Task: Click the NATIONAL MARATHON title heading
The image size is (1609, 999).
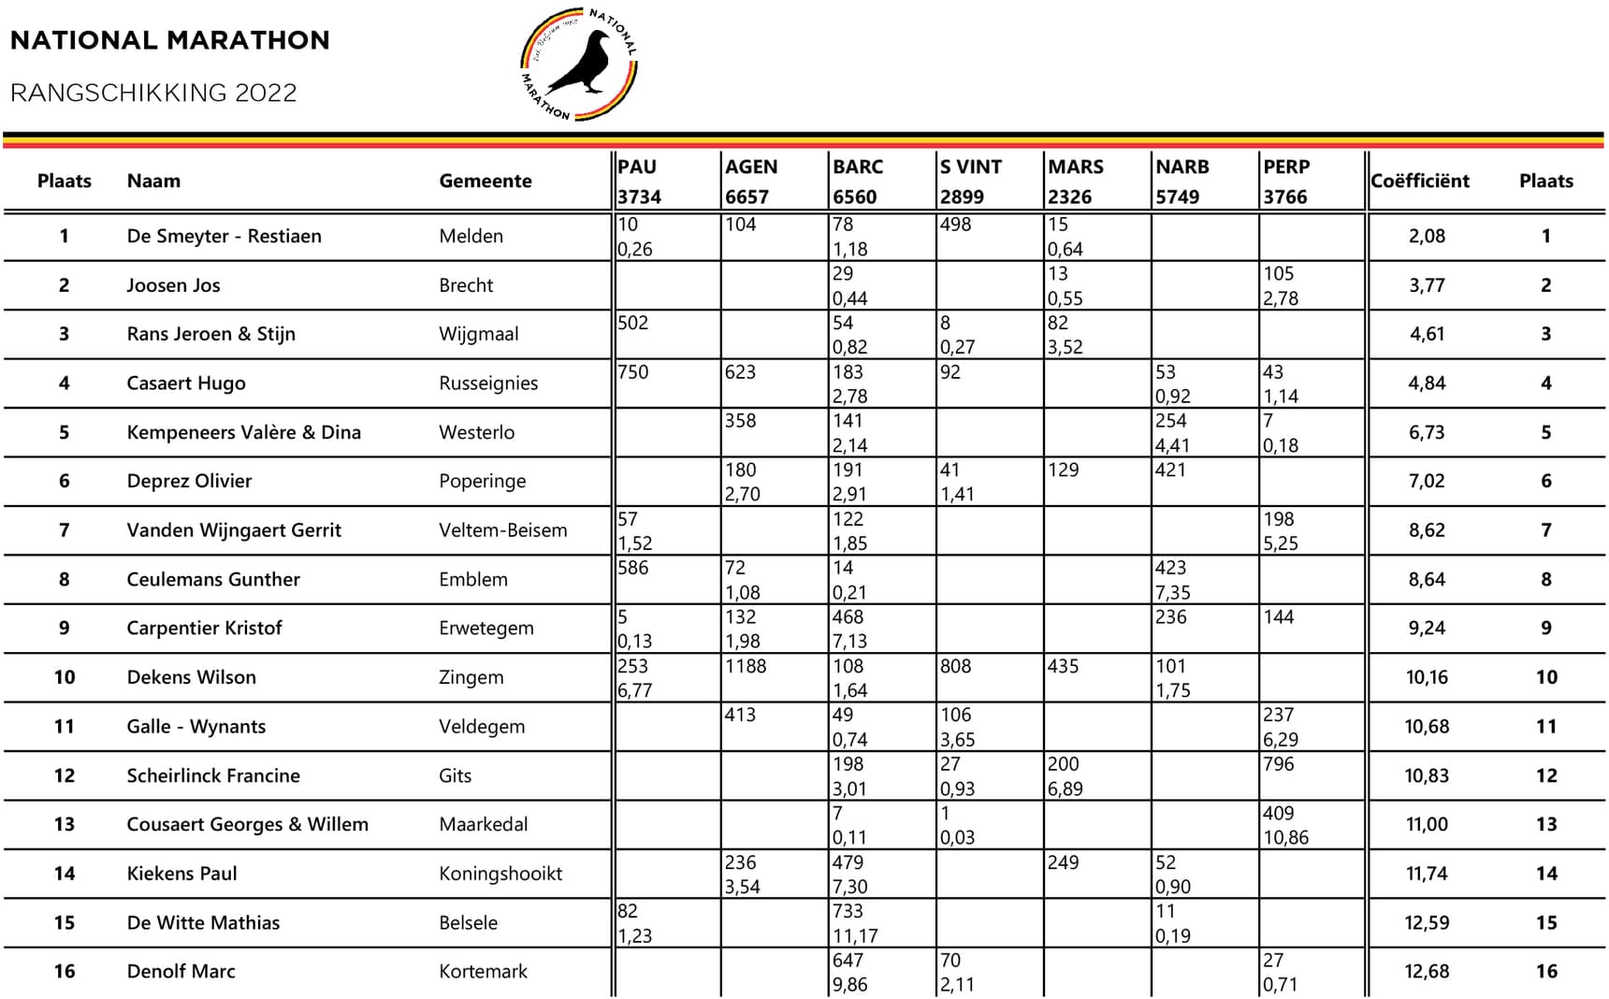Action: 169,40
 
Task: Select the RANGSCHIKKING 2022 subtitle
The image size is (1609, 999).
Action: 153,93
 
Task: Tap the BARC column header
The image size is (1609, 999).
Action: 858,166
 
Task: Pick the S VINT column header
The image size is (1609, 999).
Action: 970,166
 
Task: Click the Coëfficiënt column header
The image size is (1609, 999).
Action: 1419,181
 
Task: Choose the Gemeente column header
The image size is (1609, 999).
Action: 485,181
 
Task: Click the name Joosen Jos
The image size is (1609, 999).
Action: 173,285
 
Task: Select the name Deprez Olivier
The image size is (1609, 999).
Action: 189,481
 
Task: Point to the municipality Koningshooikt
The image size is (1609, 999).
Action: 500,874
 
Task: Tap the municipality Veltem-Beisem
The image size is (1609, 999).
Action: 502,530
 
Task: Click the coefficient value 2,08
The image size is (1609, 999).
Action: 1427,236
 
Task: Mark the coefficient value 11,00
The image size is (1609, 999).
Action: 1427,824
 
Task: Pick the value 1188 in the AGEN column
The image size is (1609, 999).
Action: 746,666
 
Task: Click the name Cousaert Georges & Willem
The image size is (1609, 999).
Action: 247,824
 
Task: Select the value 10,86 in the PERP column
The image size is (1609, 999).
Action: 1285,837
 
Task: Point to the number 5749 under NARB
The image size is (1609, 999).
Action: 1177,196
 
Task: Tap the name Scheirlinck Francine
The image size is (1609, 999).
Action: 213,775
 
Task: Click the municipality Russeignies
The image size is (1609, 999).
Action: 488,383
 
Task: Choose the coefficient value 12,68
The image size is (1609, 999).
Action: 1427,971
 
